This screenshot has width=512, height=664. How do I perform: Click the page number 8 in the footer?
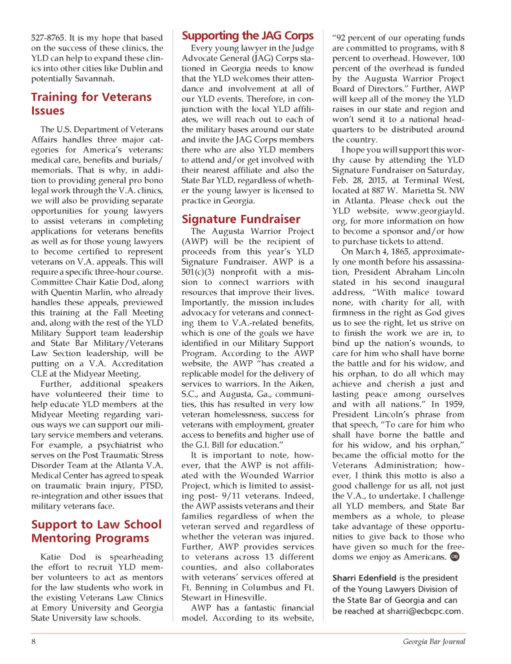coord(33,642)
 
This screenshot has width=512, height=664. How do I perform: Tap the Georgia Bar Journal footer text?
coord(434,642)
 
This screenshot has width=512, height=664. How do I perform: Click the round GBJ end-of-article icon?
coord(454,557)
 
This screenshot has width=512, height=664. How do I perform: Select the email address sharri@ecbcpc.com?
coord(424,611)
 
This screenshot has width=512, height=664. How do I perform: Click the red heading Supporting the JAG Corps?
coord(247,36)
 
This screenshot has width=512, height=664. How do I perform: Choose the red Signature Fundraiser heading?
coord(241,219)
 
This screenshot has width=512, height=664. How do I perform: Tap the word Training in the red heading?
coord(54,97)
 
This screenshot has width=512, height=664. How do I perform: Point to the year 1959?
coord(453,404)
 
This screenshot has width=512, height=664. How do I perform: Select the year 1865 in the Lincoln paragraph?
coord(399,252)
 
